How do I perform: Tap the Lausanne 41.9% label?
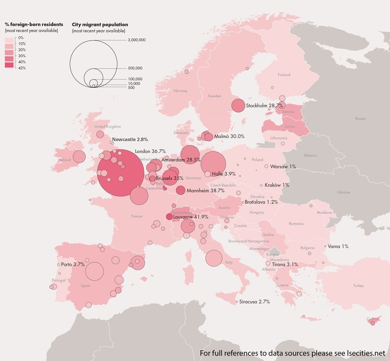click(190, 217)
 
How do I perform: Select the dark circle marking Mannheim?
click(180, 190)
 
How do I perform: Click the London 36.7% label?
click(150, 152)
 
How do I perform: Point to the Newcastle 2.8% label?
click(130, 139)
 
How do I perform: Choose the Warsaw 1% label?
click(283, 166)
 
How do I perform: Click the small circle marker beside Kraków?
click(261, 185)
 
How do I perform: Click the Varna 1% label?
click(338, 246)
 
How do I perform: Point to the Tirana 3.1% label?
click(285, 264)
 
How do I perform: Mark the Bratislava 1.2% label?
click(261, 202)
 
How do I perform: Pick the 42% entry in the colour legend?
click(22, 68)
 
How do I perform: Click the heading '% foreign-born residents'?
click(34, 24)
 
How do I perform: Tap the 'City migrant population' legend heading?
click(100, 24)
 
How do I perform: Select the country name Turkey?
click(358, 286)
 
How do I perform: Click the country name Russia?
click(360, 119)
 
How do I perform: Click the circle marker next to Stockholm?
click(238, 106)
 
